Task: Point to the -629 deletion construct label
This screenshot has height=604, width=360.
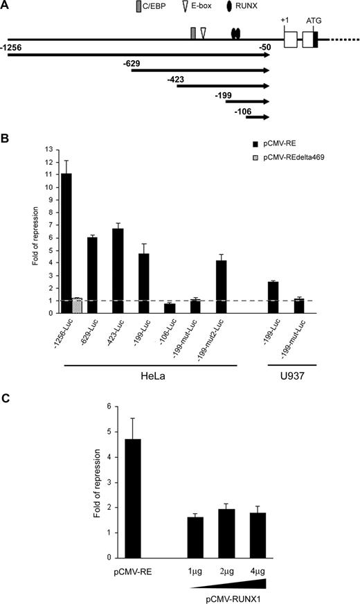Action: coord(131,64)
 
